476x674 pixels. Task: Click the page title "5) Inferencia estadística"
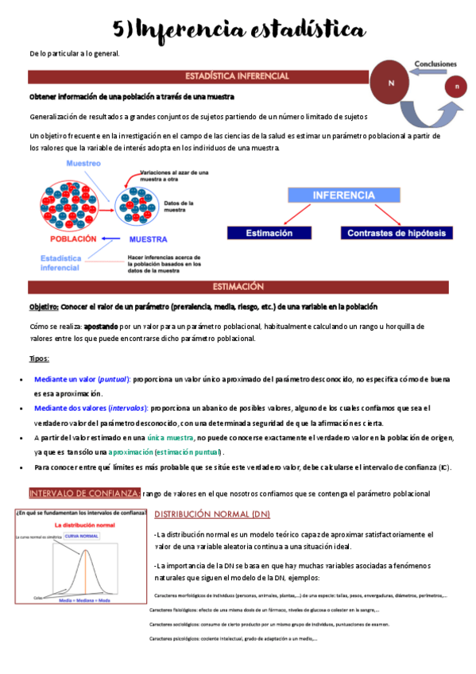click(238, 29)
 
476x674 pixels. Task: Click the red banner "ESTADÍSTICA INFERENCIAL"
click(237, 76)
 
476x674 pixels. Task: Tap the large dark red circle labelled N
click(391, 82)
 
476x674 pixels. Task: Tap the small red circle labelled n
click(456, 86)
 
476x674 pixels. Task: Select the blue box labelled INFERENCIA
click(343, 195)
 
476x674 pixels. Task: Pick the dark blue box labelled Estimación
click(268, 233)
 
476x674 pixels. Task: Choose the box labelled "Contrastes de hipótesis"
click(397, 233)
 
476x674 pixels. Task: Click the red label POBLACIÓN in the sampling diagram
click(73, 238)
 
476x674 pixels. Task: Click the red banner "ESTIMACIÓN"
click(238, 287)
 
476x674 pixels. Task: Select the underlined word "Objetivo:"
click(44, 307)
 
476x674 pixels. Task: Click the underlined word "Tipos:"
click(39, 358)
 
